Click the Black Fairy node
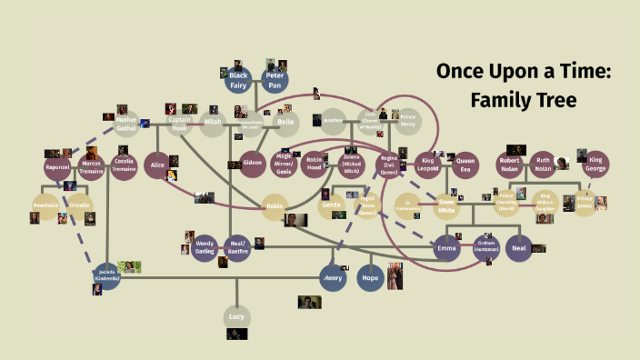[238, 79]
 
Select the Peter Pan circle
[275, 79]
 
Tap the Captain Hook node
[180, 125]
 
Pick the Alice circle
[158, 165]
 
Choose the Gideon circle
[254, 165]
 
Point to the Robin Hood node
[315, 165]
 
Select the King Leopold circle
[428, 165]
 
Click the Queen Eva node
[464, 165]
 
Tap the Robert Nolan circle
[509, 165]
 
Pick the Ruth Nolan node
[544, 165]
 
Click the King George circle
[596, 164]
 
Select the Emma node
[446, 248]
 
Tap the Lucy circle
[235, 316]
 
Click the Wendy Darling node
[205, 247]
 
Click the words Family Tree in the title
[525, 100]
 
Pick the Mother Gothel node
[126, 125]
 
